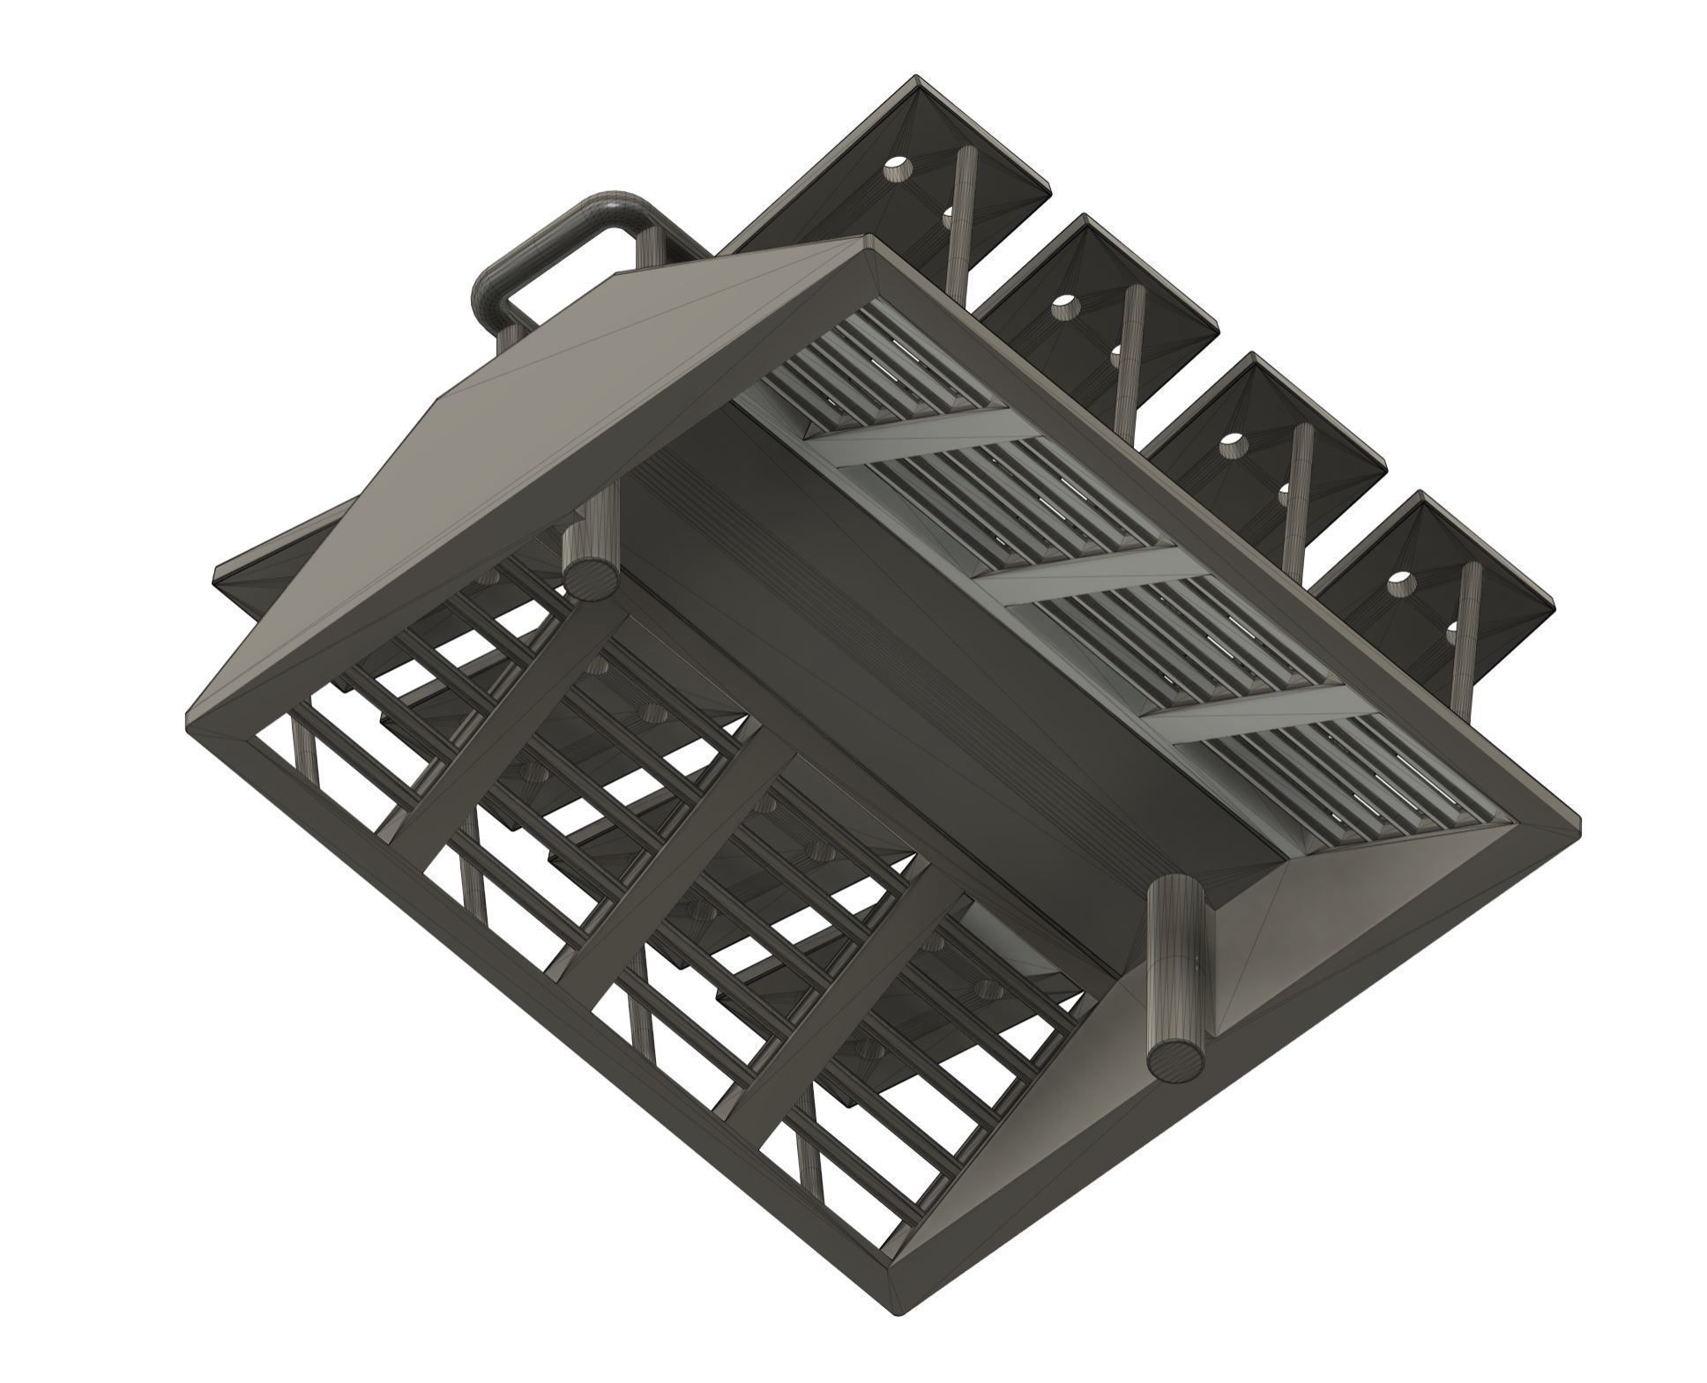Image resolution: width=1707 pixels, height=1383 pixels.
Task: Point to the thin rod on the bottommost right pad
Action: pyautogui.click(x=1464, y=635)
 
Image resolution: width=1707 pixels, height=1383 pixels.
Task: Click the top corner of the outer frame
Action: pyautogui.click(x=868, y=242)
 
